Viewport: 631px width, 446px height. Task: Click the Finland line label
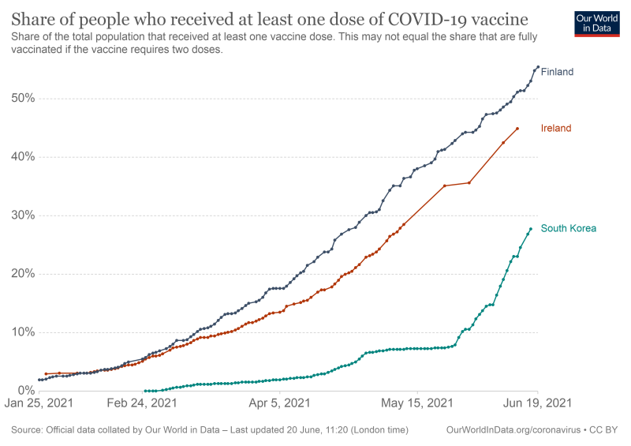point(557,72)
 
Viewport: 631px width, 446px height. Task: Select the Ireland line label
point(556,128)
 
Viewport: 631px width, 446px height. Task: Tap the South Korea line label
point(568,229)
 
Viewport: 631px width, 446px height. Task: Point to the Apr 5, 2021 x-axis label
point(279,404)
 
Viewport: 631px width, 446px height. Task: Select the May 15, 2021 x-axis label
point(418,404)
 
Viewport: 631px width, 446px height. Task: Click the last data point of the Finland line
point(538,67)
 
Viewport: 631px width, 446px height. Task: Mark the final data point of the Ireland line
point(517,129)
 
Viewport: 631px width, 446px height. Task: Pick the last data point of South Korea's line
point(531,229)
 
